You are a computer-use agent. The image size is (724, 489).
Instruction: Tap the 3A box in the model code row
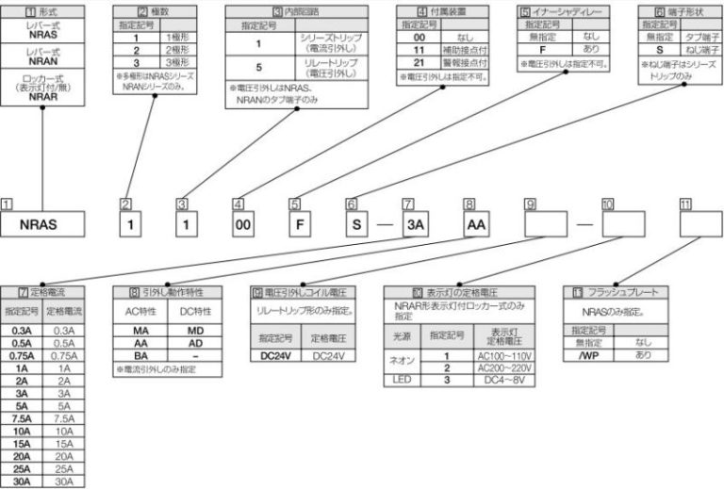click(x=415, y=227)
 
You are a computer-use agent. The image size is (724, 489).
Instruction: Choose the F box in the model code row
click(x=298, y=227)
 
